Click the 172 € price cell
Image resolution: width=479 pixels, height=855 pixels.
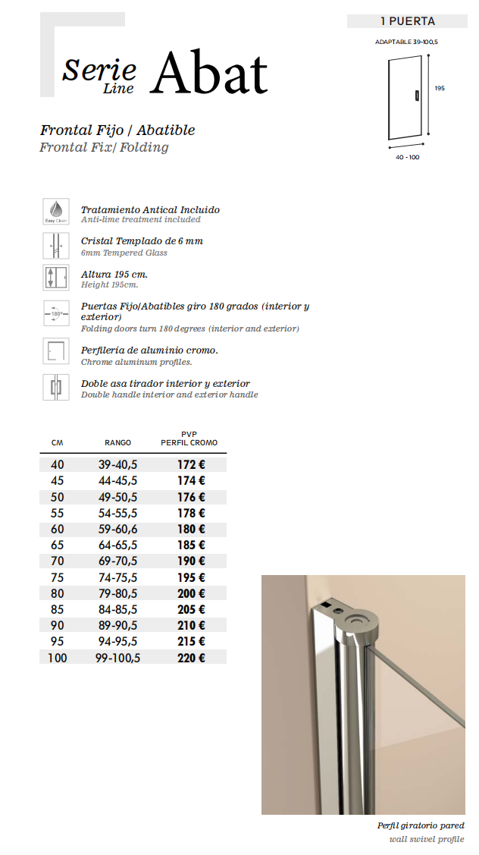[191, 464]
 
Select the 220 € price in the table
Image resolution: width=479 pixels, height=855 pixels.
[191, 658]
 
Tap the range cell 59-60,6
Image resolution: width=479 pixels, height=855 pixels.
[117, 529]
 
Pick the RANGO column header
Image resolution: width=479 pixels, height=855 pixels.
[117, 443]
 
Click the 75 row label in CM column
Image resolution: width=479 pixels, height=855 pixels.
[57, 577]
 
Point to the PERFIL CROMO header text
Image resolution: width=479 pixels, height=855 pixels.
[189, 443]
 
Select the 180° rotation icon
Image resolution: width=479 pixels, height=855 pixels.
[56, 313]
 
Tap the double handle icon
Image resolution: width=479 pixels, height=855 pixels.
[56, 387]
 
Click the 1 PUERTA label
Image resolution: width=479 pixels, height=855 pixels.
[407, 21]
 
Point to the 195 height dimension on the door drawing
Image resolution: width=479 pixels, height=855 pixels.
[440, 88]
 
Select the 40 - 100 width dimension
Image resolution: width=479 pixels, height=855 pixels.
[407, 157]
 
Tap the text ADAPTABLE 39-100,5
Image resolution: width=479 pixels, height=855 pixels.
[406, 42]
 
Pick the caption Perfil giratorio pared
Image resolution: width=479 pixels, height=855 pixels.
[421, 825]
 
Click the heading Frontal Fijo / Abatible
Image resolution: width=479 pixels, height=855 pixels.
[117, 130]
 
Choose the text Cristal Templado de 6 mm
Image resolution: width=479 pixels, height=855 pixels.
[142, 241]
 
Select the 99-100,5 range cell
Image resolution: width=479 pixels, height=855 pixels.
[117, 658]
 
